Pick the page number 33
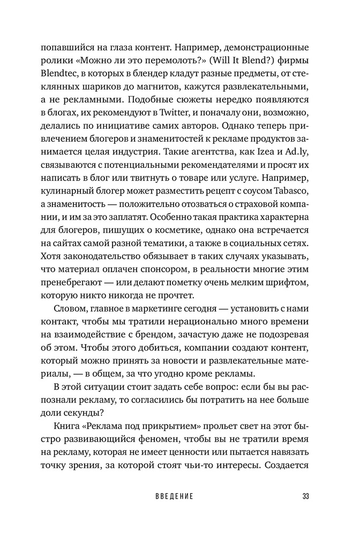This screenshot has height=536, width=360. [x=306, y=496]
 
